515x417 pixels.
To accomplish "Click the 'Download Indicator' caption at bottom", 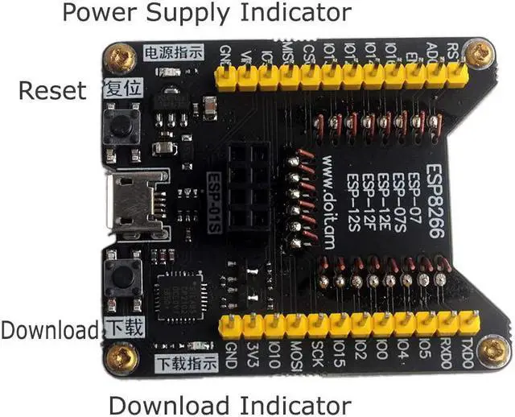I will [229, 404].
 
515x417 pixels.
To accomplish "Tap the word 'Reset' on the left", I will [51, 90].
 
